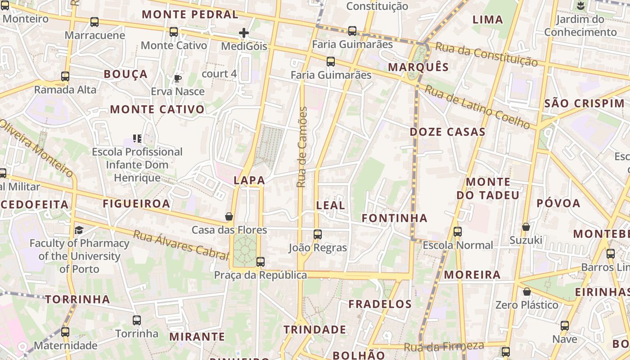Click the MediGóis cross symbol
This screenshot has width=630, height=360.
(243, 33)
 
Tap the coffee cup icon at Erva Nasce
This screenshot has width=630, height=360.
(178, 79)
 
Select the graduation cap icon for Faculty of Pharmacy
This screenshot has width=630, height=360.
(79, 230)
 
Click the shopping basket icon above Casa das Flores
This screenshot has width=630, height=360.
(229, 217)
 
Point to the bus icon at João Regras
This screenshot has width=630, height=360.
(318, 234)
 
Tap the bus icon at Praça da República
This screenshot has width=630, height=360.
(260, 261)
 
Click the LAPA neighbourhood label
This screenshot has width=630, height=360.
(249, 180)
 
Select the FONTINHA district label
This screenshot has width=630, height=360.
(395, 218)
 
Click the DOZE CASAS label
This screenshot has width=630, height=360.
(447, 132)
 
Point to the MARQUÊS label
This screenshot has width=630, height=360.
(418, 67)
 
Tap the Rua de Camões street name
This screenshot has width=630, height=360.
(302, 147)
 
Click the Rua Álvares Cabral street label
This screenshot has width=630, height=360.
(181, 246)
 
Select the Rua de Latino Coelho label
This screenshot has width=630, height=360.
(477, 107)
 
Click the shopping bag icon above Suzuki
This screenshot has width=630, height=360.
(526, 227)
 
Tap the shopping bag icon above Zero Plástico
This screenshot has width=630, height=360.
(527, 292)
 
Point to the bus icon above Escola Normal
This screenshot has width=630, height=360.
(458, 232)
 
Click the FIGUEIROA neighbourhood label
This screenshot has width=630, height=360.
(136, 203)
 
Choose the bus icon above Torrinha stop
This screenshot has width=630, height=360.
(137, 320)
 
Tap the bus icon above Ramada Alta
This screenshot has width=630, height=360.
(65, 76)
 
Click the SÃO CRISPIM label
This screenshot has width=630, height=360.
(584, 103)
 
